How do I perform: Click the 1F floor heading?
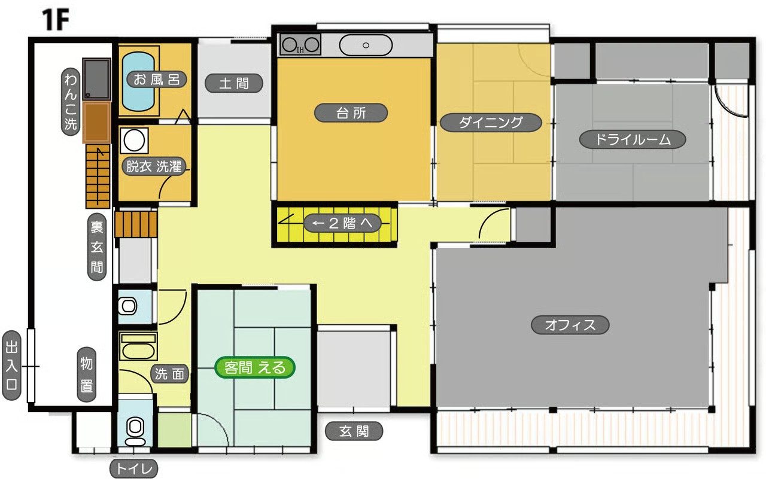pos(56,20)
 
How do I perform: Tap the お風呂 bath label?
pos(156,80)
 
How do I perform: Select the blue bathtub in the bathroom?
pos(138,81)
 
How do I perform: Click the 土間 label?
pos(234,83)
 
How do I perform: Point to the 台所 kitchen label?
pos(351,113)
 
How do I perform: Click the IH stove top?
pos(300,44)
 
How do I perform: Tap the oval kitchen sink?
pos(366,45)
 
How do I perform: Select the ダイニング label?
pos(491,123)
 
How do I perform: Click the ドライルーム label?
pos(633,139)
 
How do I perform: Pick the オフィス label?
pos(570,325)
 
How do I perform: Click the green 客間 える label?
pos(255,367)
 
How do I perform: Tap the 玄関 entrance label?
pos(354,431)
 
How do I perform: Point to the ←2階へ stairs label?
pos(342,223)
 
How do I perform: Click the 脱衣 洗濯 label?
pos(154,166)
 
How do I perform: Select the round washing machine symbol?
pos(134,141)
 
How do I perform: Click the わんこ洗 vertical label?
pos(71,102)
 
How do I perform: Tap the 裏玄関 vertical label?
pos(97,247)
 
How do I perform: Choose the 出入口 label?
pos(11,366)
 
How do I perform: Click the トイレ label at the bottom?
pos(133,468)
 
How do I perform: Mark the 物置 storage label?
pos(86,375)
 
